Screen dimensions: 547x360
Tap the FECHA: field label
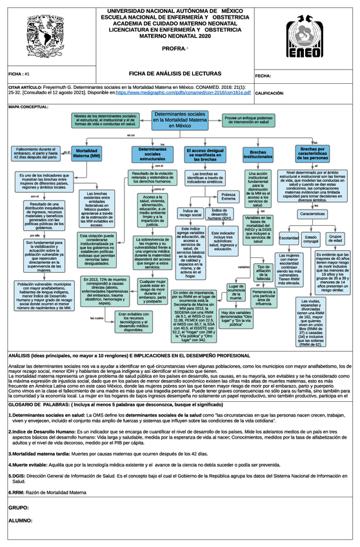(264, 76)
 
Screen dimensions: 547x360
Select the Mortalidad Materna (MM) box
(86, 154)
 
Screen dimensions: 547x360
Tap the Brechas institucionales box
(258, 154)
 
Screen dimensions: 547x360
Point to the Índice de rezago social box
(192, 212)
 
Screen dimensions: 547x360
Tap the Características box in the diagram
(312, 214)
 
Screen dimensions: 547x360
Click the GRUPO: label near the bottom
(19, 508)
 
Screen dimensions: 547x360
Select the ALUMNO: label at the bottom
(21, 519)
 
